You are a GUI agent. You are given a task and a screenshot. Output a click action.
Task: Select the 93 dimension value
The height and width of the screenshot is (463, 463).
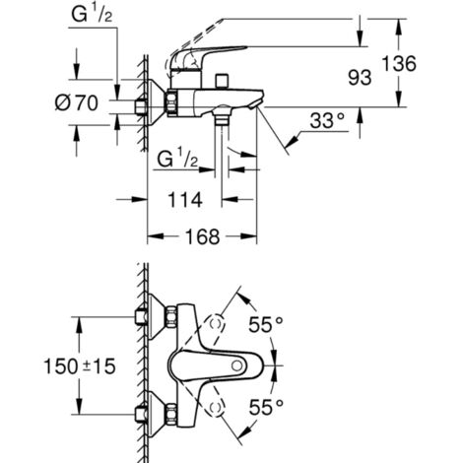(x=360, y=78)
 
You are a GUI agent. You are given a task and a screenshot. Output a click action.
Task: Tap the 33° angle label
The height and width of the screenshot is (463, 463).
(x=327, y=120)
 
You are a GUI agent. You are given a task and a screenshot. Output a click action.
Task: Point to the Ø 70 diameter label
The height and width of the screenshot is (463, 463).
(x=77, y=102)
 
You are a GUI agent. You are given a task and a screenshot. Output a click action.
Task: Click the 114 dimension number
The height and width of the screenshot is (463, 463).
(x=185, y=200)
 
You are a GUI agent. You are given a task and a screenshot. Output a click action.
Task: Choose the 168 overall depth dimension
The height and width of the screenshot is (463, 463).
(x=202, y=236)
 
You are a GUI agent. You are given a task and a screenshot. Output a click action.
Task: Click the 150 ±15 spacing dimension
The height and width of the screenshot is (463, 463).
(x=80, y=366)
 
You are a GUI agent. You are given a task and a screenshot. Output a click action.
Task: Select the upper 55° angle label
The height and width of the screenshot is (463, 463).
(x=265, y=325)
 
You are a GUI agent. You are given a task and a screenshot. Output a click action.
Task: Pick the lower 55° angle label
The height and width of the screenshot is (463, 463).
(x=266, y=407)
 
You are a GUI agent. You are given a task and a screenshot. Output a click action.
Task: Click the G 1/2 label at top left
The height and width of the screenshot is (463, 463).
(x=92, y=15)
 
